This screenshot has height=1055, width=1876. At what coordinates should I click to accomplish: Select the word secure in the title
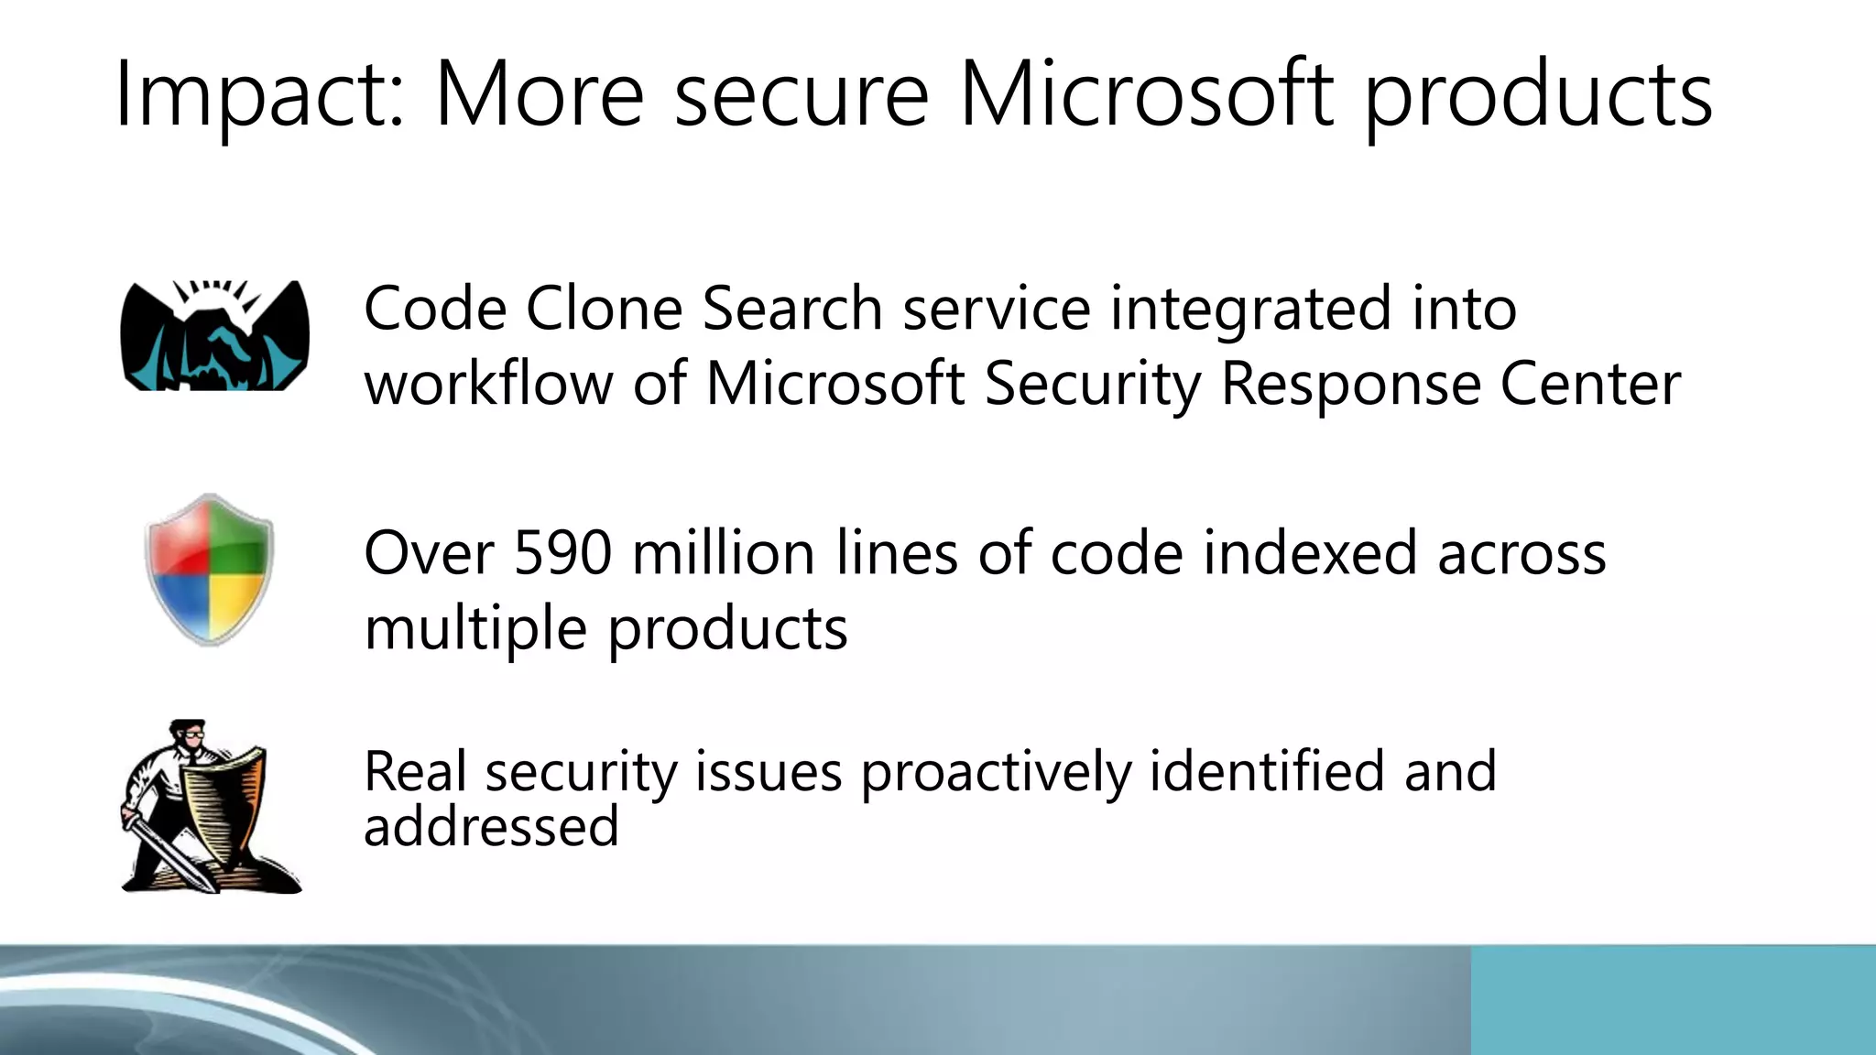[802, 95]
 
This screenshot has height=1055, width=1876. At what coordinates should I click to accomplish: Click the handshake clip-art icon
[214, 336]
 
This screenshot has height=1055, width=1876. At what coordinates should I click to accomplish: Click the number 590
[562, 553]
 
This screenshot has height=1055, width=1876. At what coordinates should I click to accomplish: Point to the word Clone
[604, 308]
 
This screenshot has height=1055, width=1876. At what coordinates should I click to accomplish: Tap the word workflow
[488, 382]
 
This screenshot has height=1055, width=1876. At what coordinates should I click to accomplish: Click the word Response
[1350, 384]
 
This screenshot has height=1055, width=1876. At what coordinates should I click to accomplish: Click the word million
[723, 553]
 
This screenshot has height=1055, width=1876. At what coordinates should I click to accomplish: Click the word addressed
[491, 826]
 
